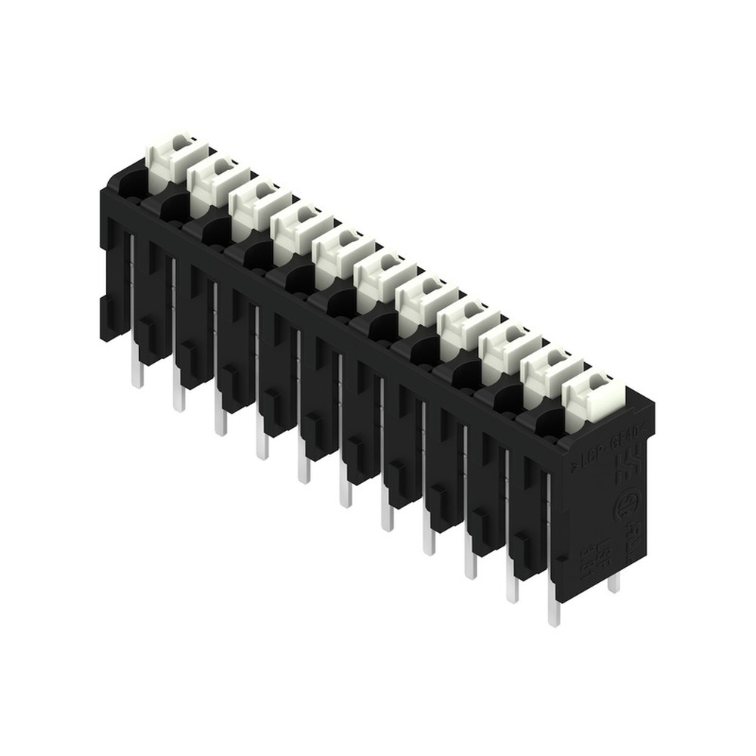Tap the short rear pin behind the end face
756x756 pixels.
click(613, 581)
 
